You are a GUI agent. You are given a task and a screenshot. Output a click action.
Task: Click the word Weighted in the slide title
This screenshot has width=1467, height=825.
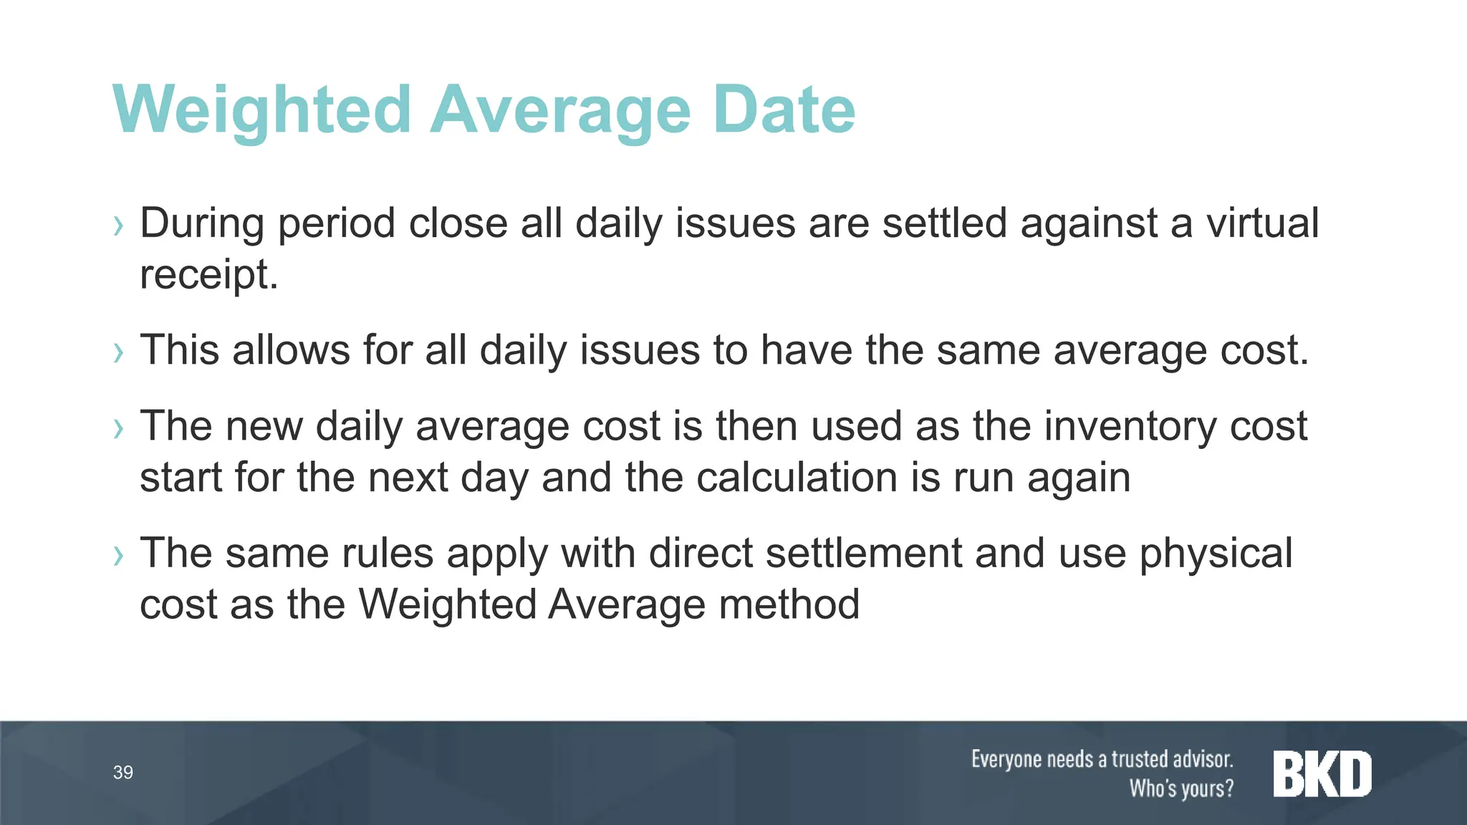(x=261, y=111)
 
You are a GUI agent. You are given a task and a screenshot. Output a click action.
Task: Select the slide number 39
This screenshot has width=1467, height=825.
(x=123, y=772)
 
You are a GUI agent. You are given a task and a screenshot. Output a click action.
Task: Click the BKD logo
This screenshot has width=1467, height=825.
(x=1322, y=773)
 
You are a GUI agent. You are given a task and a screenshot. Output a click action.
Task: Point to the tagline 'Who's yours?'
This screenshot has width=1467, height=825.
(x=1181, y=788)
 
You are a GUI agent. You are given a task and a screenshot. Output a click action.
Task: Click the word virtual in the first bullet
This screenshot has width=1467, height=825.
(x=1262, y=223)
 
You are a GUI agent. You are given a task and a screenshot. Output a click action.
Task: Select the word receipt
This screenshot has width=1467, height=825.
(x=208, y=274)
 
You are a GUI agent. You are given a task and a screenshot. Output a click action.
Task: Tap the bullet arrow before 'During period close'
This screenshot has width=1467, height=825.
(x=119, y=226)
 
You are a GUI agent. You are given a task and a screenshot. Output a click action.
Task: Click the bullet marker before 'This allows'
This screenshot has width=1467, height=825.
(x=119, y=353)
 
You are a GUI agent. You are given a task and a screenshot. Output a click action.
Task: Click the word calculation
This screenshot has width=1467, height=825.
(x=797, y=478)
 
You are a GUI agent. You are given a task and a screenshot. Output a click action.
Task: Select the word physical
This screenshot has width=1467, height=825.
(x=1216, y=554)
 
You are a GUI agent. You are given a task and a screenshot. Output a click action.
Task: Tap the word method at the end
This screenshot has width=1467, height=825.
(x=789, y=604)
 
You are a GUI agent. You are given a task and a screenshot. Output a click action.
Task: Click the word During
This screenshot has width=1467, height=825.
(x=202, y=223)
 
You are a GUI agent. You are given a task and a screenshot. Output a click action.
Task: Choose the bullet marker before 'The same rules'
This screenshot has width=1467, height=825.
(x=119, y=556)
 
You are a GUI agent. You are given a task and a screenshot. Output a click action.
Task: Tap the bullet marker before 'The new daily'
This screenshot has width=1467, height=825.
(x=119, y=430)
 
